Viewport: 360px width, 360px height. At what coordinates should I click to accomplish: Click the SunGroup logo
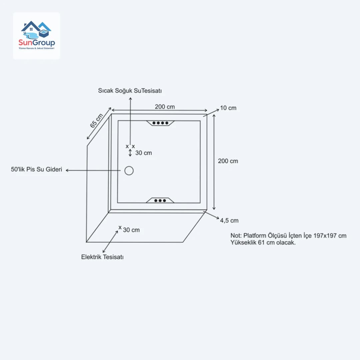[37, 36]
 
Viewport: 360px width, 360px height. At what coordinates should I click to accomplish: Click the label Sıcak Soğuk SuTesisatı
[130, 91]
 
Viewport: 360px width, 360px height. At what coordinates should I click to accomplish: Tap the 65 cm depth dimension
[97, 121]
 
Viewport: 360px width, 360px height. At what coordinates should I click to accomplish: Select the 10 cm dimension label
[228, 108]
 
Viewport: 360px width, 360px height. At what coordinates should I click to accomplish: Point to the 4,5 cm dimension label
[229, 220]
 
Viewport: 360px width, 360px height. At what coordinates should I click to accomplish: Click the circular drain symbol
[129, 171]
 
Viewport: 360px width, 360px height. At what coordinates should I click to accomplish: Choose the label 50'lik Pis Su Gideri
[37, 170]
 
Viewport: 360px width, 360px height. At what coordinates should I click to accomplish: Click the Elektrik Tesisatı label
[102, 257]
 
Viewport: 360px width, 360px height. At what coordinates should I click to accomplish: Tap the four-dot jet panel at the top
[160, 123]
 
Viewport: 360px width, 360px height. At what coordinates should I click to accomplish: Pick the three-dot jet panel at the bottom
[160, 200]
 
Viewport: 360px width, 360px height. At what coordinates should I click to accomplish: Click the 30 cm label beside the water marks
[143, 153]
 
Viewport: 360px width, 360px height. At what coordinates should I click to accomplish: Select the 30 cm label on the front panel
[131, 230]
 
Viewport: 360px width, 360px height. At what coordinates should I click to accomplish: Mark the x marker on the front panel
[120, 227]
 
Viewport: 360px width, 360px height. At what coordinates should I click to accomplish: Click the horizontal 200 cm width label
[165, 107]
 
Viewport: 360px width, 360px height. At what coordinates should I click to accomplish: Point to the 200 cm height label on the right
[228, 161]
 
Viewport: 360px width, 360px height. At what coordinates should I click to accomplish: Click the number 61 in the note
[262, 243]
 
